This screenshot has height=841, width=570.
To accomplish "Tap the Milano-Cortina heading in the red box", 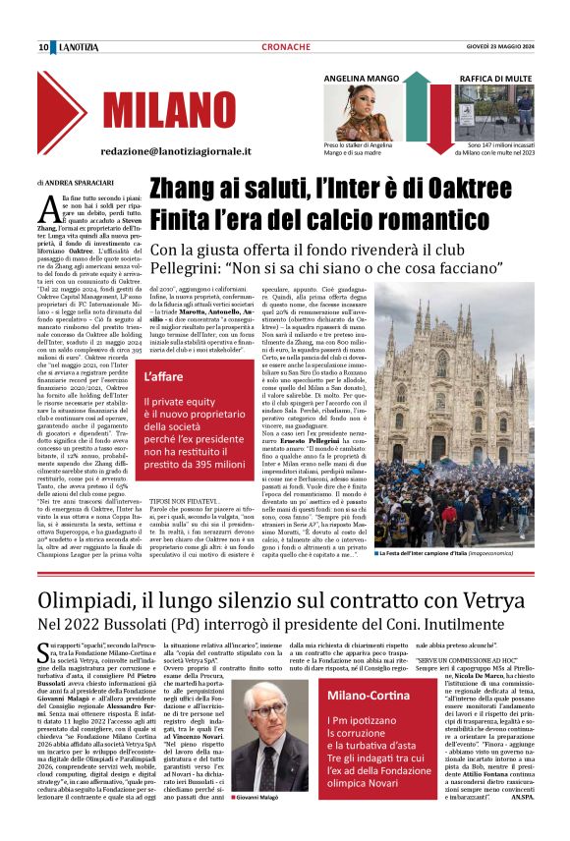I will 364,697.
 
